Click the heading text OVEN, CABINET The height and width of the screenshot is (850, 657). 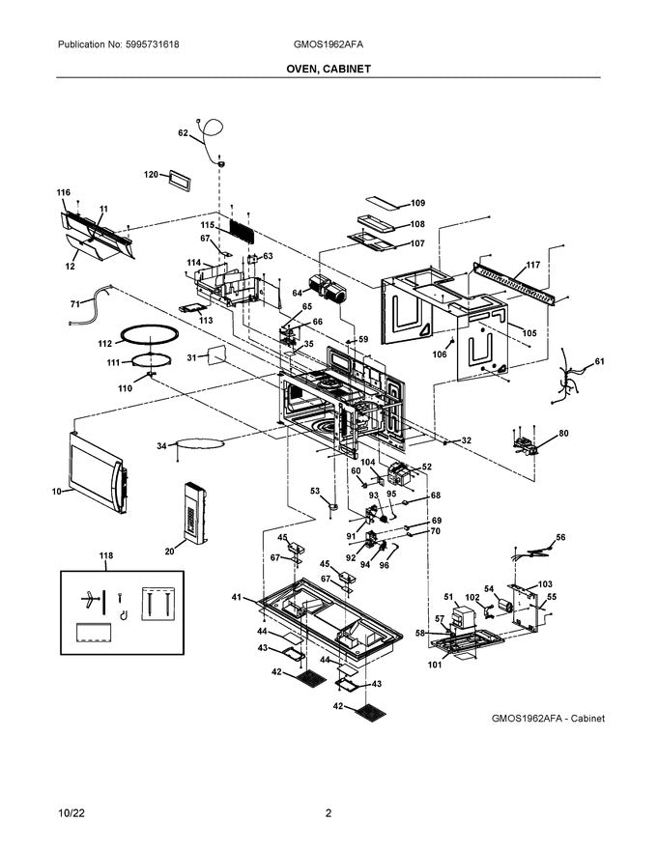point(328,70)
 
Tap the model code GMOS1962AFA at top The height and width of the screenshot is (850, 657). point(328,45)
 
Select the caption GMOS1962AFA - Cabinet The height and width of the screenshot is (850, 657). point(548,719)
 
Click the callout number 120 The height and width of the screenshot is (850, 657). point(151,175)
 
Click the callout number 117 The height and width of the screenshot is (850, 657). point(532,266)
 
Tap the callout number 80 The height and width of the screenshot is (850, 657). point(563,434)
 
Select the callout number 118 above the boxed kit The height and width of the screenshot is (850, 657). point(105,555)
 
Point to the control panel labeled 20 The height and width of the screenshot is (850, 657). point(191,517)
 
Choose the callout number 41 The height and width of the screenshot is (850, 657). point(235,598)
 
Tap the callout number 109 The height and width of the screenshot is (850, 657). point(417,203)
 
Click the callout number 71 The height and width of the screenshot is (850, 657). point(74,304)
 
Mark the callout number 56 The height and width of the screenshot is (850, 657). point(560,537)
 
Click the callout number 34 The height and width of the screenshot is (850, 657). point(161,445)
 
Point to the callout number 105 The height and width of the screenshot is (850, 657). point(529,333)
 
